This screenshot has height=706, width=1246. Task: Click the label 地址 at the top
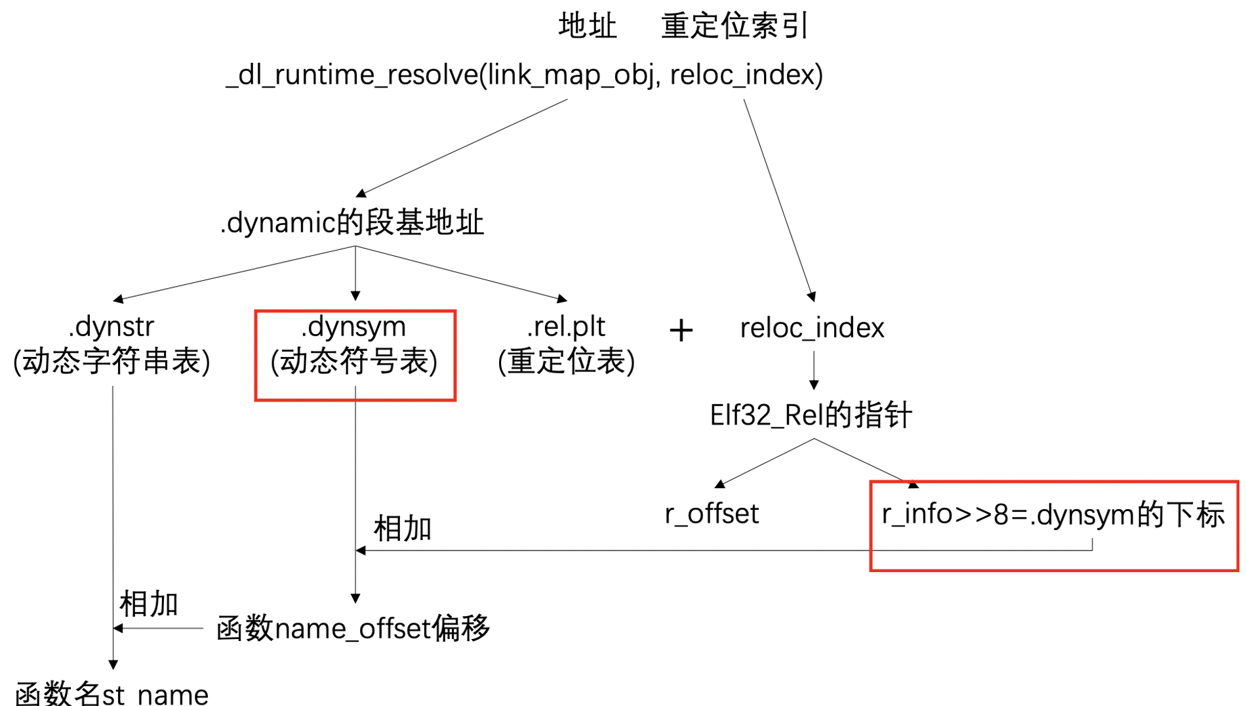click(x=587, y=26)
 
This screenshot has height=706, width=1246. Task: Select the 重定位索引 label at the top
click(x=734, y=26)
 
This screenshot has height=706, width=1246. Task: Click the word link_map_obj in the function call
click(x=571, y=75)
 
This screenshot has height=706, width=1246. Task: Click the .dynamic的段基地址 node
click(x=352, y=223)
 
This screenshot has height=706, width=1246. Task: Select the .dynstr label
click(x=111, y=327)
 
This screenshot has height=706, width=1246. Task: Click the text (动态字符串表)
click(x=111, y=362)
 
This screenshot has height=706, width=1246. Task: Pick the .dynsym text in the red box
click(x=353, y=327)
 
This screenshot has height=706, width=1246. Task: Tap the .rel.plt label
click(x=566, y=327)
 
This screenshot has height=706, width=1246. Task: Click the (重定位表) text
click(x=566, y=362)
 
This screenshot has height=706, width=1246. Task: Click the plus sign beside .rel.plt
click(x=681, y=330)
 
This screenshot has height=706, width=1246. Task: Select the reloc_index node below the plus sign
click(x=812, y=327)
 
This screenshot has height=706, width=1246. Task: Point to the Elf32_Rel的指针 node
click(x=811, y=415)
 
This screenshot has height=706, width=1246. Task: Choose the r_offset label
click(x=712, y=514)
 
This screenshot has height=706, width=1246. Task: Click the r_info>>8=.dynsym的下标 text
click(x=1053, y=514)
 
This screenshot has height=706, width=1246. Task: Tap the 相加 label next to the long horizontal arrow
click(x=402, y=528)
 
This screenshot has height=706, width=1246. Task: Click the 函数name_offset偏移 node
click(x=353, y=629)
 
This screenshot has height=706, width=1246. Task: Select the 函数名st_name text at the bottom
click(x=111, y=694)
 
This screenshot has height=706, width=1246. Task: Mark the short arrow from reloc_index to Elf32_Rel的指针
click(x=814, y=370)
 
